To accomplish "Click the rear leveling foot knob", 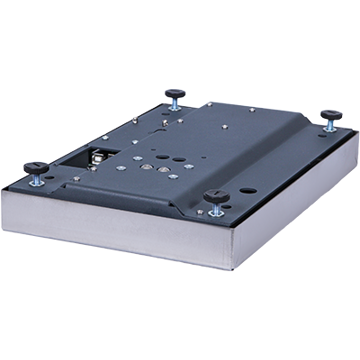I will tap(175, 91).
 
